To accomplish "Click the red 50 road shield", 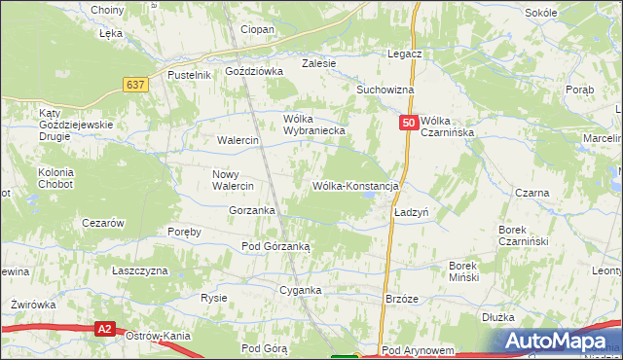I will click(409, 124).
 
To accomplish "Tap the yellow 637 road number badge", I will click(136, 85).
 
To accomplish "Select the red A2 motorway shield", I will click(106, 330).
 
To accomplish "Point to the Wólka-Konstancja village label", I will click(356, 185).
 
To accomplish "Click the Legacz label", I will click(403, 54).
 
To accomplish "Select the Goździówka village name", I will click(253, 71).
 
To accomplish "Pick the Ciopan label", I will click(257, 30).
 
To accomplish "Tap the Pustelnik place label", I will click(190, 75).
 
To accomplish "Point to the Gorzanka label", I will click(251, 210).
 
